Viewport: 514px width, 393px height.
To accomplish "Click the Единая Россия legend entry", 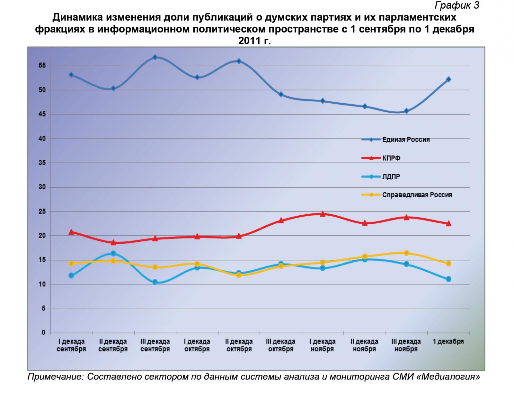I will tap(406, 140).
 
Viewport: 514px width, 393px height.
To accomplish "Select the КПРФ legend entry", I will tap(391, 158).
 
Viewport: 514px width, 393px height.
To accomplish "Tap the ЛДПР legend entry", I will tap(391, 177).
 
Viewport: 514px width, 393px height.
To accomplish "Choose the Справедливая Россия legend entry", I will tap(417, 195).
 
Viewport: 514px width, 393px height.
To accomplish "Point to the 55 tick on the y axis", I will tap(42, 66).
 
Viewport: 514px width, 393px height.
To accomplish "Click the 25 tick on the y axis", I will tap(42, 211).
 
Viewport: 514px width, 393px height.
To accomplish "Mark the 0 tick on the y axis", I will tap(44, 333).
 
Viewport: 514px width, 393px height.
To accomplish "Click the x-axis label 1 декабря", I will tap(448, 342).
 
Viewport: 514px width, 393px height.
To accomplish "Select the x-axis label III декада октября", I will tap(280, 345).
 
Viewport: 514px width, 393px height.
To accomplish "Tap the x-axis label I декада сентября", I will tap(71, 345).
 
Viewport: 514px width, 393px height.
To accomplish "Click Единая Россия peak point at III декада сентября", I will tap(155, 57).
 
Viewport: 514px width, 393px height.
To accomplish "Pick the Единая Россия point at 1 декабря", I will tap(448, 79).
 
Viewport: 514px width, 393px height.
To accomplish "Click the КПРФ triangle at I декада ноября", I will tap(323, 214).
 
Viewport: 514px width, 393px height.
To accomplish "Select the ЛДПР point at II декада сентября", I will tap(113, 253).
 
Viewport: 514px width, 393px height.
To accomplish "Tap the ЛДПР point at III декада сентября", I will tap(155, 282).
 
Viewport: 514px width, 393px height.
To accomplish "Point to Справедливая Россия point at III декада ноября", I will tap(406, 253).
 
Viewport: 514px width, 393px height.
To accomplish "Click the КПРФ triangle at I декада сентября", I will tap(71, 232).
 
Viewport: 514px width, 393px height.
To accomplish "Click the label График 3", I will tap(457, 5).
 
